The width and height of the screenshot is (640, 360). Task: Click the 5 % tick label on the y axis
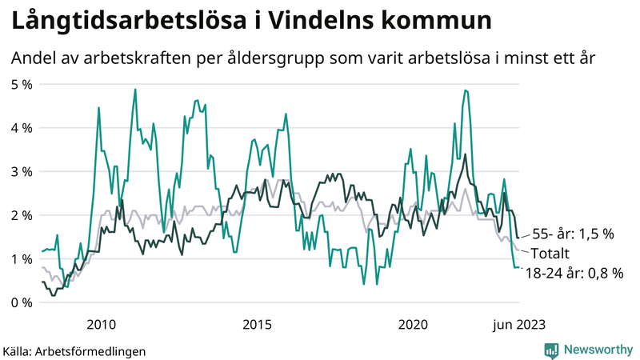click(x=21, y=84)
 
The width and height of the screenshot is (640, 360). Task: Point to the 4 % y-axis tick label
click(x=21, y=128)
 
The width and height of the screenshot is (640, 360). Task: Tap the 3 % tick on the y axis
click(x=21, y=171)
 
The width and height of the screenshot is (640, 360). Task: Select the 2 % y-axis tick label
click(x=21, y=215)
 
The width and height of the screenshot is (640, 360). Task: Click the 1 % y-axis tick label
click(x=21, y=258)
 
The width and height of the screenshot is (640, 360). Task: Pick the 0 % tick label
click(x=21, y=302)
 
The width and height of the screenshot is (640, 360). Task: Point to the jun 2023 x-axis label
click(x=518, y=324)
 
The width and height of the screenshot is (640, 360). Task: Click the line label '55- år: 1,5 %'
click(x=573, y=234)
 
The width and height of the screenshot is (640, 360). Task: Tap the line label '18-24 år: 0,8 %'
click(x=574, y=274)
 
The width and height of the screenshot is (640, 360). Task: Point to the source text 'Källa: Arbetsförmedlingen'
click(x=76, y=350)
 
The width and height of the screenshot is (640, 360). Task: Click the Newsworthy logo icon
click(x=551, y=350)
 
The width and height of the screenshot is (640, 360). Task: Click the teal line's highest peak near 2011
click(x=134, y=90)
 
